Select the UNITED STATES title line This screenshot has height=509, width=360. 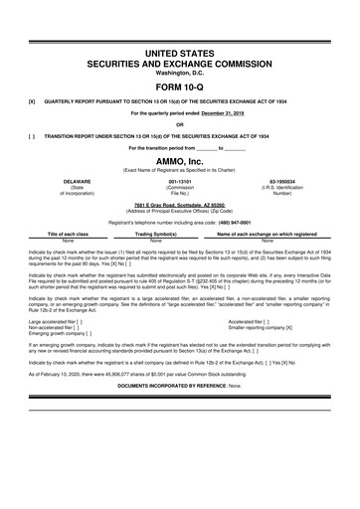179,50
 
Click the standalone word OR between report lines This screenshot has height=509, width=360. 179,125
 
